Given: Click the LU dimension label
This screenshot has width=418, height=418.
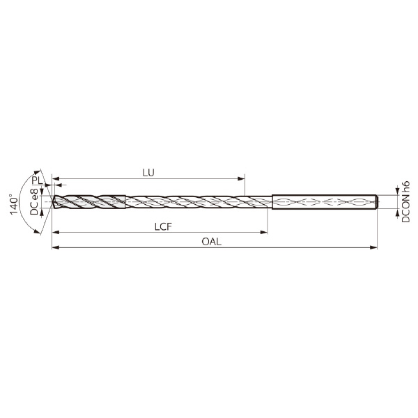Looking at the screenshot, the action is pos(148,173).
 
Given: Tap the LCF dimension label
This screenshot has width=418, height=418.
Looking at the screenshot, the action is pos(163,226).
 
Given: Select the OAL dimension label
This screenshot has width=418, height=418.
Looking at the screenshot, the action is pos(211,242).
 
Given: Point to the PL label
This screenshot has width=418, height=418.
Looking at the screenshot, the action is pos(37,180).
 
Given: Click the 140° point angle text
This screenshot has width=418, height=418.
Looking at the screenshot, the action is pos(14,204).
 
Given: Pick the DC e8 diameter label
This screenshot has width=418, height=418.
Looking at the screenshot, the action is pos(34,202).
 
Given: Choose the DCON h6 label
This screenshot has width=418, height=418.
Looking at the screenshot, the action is pos(405,202).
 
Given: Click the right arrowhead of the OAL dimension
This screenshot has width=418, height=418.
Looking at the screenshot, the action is pos(374,247).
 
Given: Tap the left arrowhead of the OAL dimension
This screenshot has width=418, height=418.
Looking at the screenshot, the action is pos(56,247).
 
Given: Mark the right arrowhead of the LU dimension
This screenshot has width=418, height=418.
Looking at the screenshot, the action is pos(241,178).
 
